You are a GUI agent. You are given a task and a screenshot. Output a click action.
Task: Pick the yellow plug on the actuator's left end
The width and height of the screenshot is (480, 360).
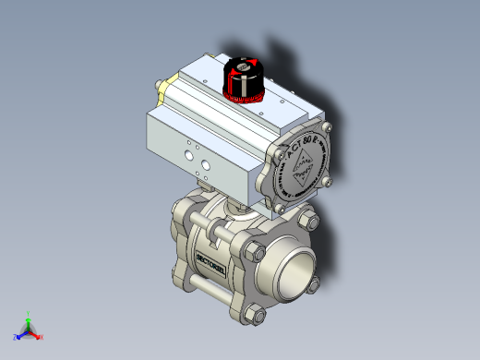161,88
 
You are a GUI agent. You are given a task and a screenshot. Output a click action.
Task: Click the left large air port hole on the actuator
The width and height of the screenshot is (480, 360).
187,157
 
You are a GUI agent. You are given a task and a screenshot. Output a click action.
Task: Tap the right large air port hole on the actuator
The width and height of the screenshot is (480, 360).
202,164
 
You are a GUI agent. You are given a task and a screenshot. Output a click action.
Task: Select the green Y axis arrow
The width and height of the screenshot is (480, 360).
29,315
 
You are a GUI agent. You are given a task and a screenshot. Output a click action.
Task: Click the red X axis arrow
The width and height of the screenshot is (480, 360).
40,337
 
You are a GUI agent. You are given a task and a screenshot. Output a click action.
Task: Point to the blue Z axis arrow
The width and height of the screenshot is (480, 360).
18,335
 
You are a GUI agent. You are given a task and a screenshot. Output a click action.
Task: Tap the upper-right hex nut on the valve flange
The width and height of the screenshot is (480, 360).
308,222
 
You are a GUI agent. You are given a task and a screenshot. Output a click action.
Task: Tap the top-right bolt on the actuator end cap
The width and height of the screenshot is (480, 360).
326,127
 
